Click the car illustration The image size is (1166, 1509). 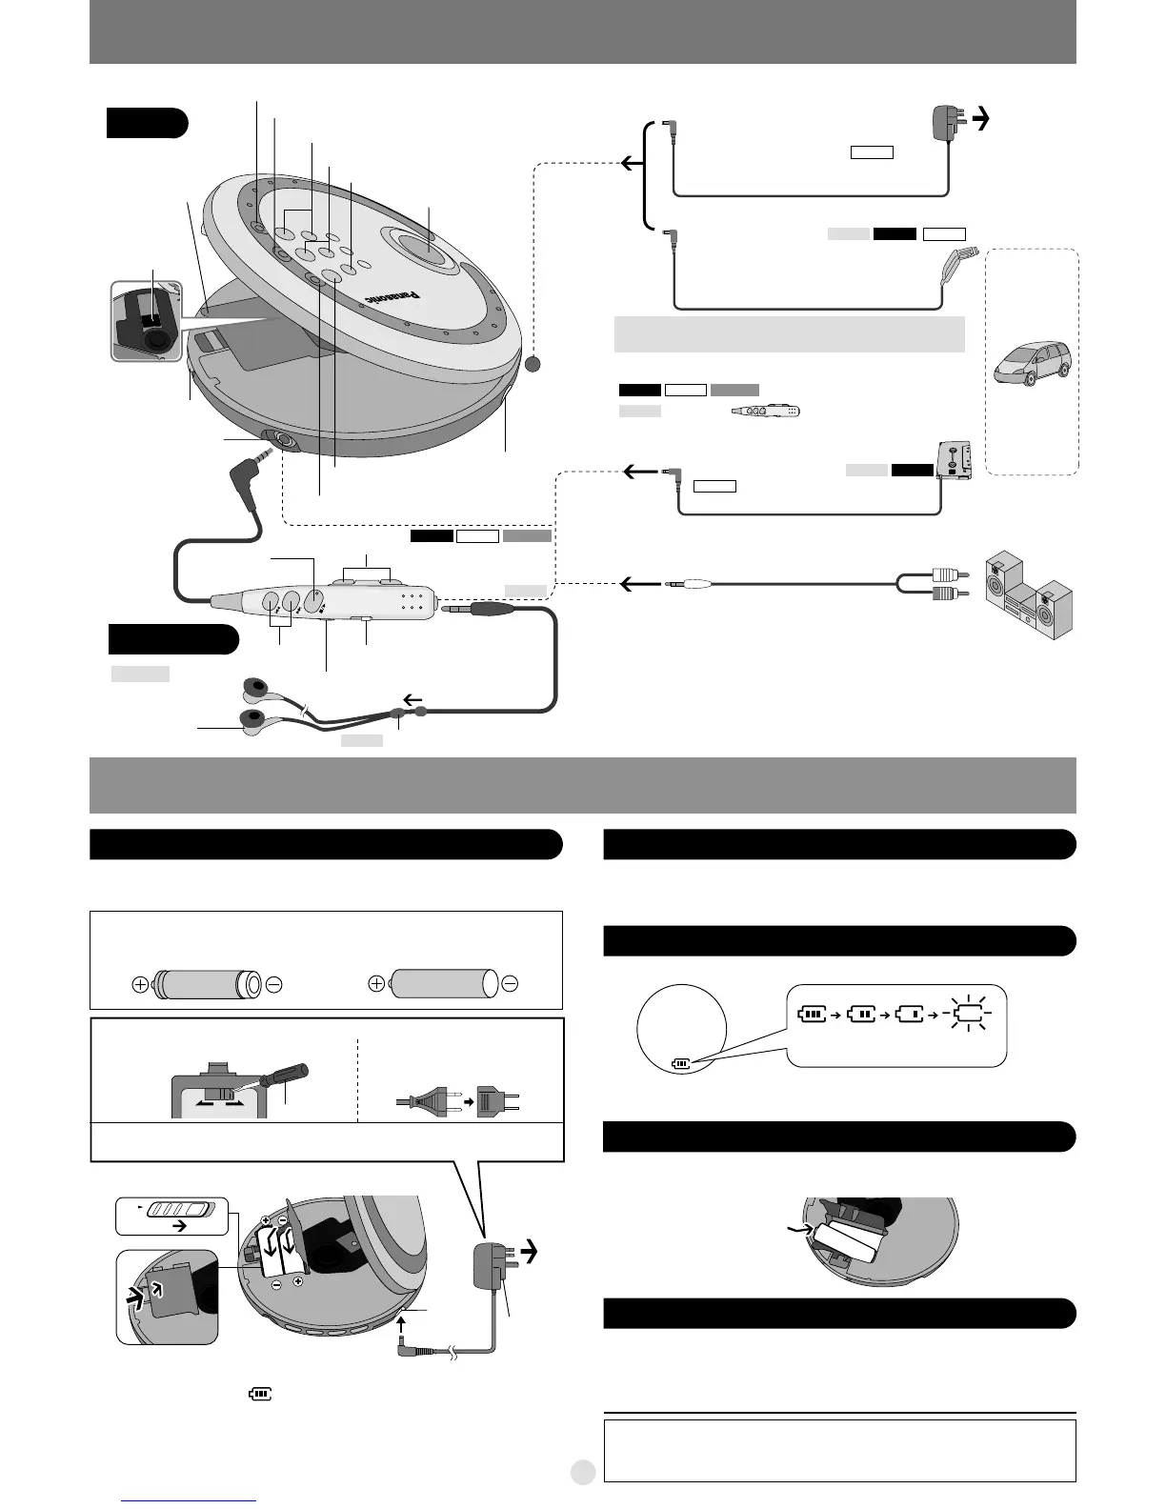click(x=1032, y=362)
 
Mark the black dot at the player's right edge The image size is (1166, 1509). click(x=533, y=364)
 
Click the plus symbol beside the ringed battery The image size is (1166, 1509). click(x=140, y=984)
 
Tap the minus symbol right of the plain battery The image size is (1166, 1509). click(x=510, y=984)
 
